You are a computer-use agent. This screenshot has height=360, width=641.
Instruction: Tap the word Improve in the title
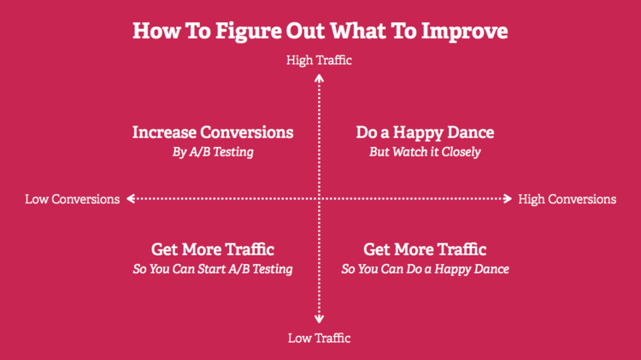464,31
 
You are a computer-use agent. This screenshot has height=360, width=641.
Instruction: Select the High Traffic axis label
319,61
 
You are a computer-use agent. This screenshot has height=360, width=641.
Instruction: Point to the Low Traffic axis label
319,339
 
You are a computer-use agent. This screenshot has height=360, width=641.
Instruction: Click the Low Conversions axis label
73,199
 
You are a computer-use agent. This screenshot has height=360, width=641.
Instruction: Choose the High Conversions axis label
567,199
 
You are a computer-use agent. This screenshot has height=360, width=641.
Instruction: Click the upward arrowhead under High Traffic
319,78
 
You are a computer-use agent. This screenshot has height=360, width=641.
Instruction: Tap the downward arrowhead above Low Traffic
319,319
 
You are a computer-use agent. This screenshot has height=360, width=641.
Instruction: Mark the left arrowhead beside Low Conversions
131,198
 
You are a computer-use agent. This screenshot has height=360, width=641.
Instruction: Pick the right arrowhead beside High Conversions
508,198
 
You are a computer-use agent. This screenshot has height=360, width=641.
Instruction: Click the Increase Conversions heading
213,133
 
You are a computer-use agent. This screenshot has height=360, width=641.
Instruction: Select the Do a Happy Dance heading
425,133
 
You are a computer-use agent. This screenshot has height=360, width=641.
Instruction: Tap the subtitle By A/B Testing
213,152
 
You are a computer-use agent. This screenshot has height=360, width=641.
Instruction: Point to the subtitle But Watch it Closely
425,152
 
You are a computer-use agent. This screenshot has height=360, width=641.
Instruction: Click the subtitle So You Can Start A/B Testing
213,269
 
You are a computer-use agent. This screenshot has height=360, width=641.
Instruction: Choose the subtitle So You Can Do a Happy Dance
425,269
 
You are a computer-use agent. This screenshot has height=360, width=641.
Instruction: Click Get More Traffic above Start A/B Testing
213,249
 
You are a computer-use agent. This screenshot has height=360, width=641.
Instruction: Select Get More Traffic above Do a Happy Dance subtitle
425,249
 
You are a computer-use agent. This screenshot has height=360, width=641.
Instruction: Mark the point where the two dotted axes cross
319,198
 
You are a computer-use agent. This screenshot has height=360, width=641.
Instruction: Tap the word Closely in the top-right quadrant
462,152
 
